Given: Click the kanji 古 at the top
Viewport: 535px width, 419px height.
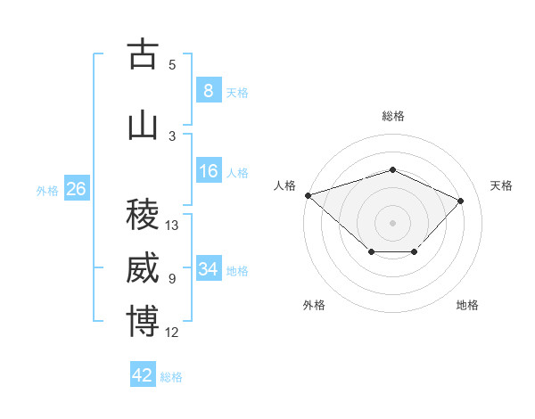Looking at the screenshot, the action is pos(143,53).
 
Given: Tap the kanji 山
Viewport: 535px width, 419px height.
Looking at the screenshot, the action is pos(143,127).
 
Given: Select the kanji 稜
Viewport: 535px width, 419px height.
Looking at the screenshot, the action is pos(143,214).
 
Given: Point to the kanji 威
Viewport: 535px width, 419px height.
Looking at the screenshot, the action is pos(143,267).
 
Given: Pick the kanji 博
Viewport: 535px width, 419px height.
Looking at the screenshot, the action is pos(143,321).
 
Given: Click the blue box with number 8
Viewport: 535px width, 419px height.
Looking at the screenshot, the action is pos(209,90).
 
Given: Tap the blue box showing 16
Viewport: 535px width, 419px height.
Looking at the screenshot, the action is pos(209,170).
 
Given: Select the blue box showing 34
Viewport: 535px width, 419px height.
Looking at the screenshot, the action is pos(209,267).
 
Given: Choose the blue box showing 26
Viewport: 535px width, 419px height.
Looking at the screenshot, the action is pos(77,188).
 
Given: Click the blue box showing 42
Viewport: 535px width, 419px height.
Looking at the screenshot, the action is pos(143,374).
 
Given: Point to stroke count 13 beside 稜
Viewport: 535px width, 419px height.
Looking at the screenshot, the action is pos(171,226).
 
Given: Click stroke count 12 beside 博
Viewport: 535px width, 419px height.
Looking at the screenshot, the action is pos(171,333).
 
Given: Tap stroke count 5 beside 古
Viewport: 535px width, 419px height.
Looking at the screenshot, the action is pos(172,65).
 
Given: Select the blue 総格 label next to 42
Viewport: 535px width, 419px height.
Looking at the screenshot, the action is pos(171,377).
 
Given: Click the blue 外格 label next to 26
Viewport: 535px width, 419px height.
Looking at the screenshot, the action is pos(47,191).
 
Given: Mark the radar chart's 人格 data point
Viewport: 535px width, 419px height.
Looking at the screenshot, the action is pos(309,195).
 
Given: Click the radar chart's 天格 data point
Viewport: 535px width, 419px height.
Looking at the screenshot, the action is pos(460,201).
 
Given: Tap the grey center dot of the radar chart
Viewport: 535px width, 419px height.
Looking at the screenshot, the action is pos(392,223).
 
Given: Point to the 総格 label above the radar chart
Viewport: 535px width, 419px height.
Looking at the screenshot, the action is pos(393,116).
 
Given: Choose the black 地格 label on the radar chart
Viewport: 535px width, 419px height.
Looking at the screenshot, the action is pos(467,305).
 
